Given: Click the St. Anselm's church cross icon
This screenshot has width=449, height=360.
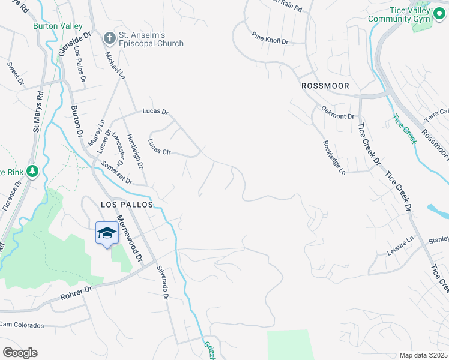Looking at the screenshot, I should (110, 38).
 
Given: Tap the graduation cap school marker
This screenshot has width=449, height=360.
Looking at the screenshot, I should (107, 233).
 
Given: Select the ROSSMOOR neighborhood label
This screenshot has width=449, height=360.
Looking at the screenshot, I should (324, 86).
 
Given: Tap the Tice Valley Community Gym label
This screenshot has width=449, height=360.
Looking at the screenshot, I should (399, 15).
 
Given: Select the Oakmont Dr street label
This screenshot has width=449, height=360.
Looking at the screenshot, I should (339, 116).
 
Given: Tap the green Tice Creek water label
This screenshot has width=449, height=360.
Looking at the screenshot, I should (405, 129).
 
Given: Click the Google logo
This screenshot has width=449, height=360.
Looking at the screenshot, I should (20, 353).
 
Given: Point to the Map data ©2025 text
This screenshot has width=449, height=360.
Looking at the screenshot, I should (423, 355).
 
